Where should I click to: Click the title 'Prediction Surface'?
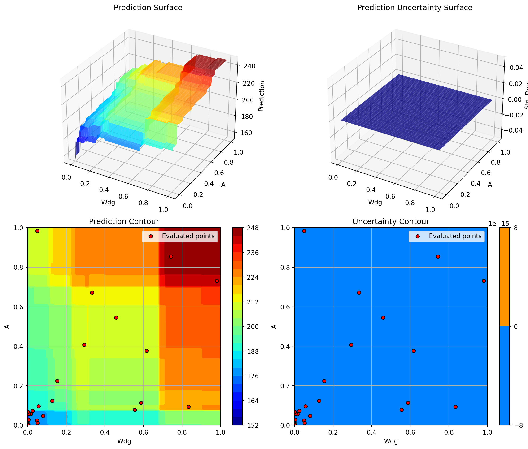(x=148, y=8)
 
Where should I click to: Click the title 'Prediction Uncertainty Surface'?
(x=415, y=8)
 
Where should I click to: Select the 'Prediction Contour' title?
(x=124, y=221)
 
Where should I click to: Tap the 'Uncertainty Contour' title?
(x=391, y=221)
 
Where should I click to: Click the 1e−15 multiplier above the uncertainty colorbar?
(x=499, y=224)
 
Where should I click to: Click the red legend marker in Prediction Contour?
(x=151, y=237)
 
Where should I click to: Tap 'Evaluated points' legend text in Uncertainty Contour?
(x=455, y=236)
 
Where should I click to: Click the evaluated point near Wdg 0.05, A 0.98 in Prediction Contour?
(x=37, y=231)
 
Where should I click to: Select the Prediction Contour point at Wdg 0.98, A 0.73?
(x=217, y=281)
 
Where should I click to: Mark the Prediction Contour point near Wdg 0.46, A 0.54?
(x=116, y=318)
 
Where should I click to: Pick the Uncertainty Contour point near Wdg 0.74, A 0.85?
(x=438, y=257)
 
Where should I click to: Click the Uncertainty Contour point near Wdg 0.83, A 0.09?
(x=455, y=407)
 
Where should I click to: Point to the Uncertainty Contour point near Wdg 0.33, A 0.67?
(x=359, y=293)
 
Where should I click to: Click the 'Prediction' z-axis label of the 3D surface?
(x=261, y=96)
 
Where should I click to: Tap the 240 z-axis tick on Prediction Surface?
(x=249, y=66)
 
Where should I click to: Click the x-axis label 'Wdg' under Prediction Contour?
(x=124, y=441)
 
